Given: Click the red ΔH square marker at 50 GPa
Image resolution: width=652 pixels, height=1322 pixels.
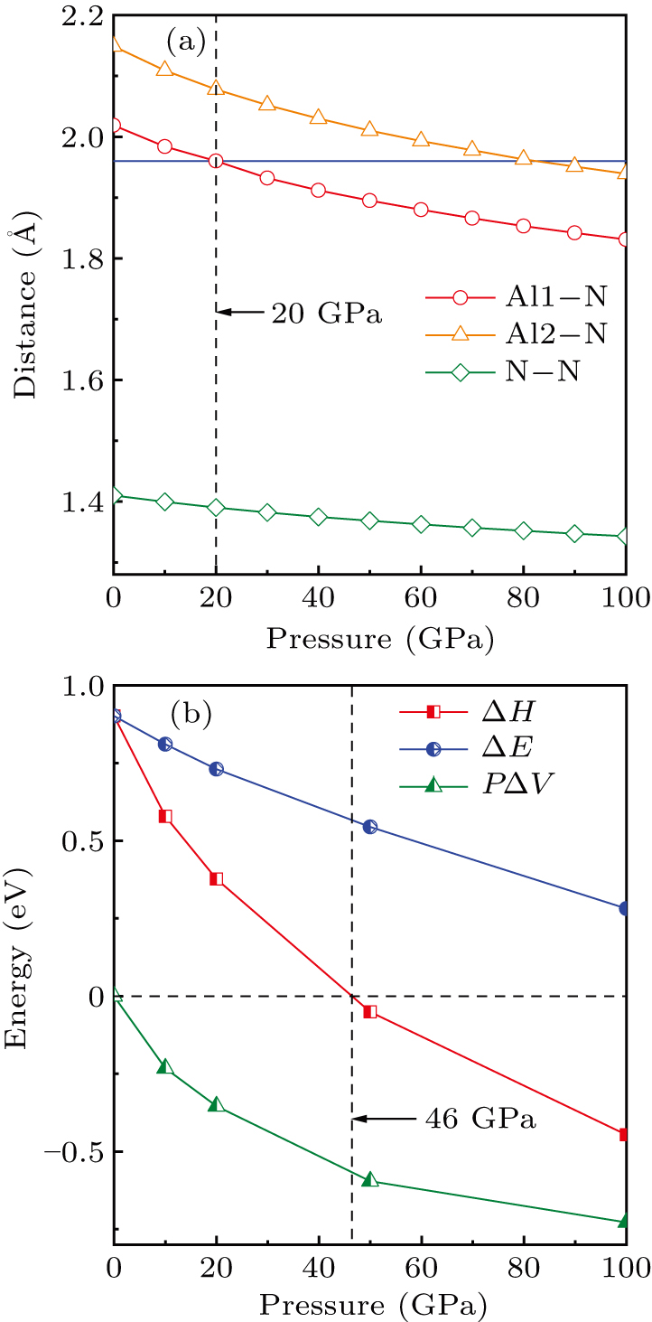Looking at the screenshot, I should pos(369,1011).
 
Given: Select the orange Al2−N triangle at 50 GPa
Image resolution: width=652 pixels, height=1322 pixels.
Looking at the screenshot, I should pos(369,129).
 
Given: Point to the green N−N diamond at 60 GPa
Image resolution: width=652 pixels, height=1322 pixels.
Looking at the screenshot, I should pos(421,524).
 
